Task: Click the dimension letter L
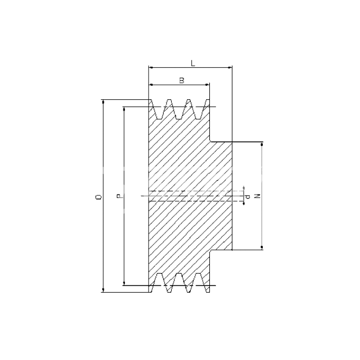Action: pos(193,63)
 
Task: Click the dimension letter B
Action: pos(182,80)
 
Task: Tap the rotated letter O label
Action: pos(99,197)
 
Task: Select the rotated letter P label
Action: pos(119,196)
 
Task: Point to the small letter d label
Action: pos(248,197)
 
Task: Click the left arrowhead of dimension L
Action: pos(151,67)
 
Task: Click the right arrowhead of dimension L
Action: pos(229,67)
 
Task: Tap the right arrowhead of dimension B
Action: pos(207,85)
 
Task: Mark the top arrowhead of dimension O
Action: pos(103,102)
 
